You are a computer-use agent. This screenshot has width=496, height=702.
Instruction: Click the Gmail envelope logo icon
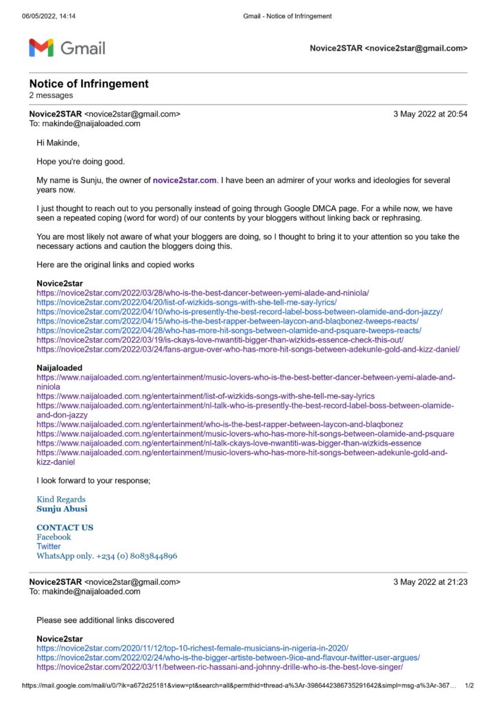click(x=41, y=48)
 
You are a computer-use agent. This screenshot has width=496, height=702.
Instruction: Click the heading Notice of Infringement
click(x=88, y=84)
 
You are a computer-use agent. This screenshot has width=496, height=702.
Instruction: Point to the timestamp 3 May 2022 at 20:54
click(x=430, y=114)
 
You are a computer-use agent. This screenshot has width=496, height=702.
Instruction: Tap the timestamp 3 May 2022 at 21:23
click(x=430, y=582)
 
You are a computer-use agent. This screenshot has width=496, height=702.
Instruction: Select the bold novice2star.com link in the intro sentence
click(x=185, y=180)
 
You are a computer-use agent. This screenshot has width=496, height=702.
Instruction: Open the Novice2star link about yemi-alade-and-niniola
click(x=202, y=292)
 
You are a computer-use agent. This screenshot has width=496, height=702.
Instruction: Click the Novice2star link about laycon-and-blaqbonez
click(x=227, y=321)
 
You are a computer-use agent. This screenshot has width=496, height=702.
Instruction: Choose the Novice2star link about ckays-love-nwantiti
click(x=220, y=340)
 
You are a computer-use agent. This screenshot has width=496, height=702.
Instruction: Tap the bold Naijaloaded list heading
click(x=59, y=368)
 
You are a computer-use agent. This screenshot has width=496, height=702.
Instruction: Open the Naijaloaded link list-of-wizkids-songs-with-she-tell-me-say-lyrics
click(x=205, y=396)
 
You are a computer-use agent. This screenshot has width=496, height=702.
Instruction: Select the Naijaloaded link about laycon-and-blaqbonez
click(x=220, y=424)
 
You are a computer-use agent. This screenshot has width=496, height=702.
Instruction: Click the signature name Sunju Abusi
click(x=62, y=509)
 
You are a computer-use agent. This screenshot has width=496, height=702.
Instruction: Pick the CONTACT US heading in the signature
click(x=64, y=527)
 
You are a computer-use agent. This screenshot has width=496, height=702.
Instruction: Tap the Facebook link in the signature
click(x=54, y=537)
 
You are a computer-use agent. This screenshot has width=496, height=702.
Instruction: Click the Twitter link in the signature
click(x=49, y=546)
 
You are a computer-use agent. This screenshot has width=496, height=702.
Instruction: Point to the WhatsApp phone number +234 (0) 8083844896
click(x=136, y=556)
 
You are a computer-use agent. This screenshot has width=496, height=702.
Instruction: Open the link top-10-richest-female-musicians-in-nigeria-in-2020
click(x=192, y=648)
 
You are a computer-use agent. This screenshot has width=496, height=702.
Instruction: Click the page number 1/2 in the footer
click(x=470, y=685)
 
